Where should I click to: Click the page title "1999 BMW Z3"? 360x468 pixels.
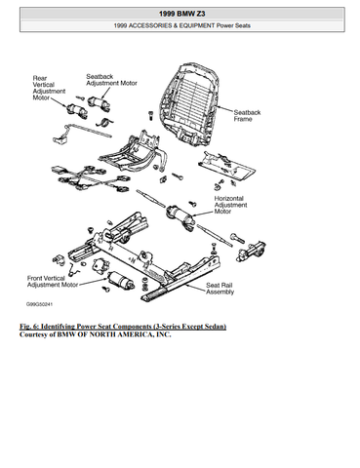[181, 14]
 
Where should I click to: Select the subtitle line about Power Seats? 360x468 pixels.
[181, 25]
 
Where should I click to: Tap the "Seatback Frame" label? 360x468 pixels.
[247, 116]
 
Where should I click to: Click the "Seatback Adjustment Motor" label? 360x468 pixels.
[111, 80]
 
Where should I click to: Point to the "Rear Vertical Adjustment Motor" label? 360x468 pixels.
[49, 88]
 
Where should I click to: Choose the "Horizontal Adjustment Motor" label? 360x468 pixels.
[230, 205]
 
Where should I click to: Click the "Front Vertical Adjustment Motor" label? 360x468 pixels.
[53, 282]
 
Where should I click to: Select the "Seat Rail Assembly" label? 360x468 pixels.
[220, 289]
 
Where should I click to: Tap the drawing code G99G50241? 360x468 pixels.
[39, 304]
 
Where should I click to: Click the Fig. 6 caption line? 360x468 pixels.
[123, 327]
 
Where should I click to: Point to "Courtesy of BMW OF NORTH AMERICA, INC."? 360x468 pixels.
[96, 334]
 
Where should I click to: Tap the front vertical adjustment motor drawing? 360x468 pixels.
[121, 280]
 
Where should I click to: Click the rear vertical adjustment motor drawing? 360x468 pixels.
[77, 110]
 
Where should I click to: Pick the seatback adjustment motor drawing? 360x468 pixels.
[99, 103]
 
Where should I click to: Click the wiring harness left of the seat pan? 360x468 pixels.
[89, 178]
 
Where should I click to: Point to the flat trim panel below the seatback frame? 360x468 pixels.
[226, 166]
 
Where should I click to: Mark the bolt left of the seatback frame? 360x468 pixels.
[150, 115]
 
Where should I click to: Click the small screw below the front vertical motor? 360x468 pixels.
[105, 289]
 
